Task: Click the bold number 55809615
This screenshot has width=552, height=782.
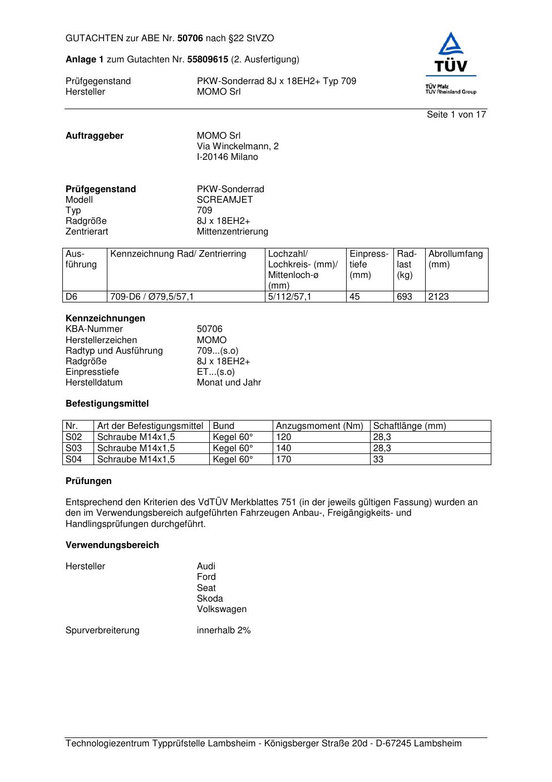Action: [208, 60]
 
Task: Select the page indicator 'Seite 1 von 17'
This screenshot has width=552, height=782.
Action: [456, 115]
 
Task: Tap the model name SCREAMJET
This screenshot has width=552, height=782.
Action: [225, 200]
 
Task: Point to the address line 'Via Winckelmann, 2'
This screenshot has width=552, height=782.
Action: [238, 146]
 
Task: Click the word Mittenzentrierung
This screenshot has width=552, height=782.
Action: [232, 232]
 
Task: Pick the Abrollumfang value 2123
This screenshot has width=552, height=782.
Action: [438, 297]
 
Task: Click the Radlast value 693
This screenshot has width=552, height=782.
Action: [405, 297]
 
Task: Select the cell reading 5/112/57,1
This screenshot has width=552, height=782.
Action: [290, 297]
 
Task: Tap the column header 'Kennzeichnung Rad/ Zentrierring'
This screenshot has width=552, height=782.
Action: [178, 255]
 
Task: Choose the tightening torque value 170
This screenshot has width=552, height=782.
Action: [284, 460]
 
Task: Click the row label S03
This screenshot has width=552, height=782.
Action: [74, 448]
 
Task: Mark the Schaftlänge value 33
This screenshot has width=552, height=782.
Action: [378, 460]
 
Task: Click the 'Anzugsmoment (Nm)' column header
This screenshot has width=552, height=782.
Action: [319, 426]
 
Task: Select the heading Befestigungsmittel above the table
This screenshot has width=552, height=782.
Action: [107, 404]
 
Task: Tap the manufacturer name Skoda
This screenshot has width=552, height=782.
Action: [210, 599]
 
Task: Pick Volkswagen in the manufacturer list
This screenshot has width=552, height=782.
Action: [221, 609]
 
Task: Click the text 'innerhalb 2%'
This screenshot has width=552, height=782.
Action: [224, 631]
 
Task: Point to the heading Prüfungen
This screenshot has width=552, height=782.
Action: [88, 481]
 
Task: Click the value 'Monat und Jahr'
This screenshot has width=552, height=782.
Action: [229, 383]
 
